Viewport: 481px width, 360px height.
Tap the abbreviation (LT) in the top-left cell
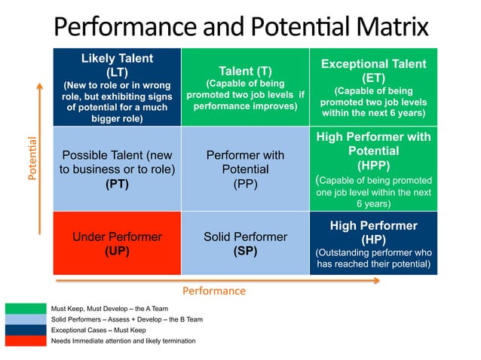click(x=117, y=72)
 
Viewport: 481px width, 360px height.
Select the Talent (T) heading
click(x=245, y=71)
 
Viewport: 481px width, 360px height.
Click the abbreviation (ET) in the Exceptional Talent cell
click(x=374, y=77)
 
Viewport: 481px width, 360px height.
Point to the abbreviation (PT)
click(x=117, y=183)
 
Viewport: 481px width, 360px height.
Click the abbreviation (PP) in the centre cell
click(x=245, y=183)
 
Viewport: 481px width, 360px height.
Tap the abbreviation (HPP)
click(x=374, y=165)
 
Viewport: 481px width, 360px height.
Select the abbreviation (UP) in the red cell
click(x=117, y=251)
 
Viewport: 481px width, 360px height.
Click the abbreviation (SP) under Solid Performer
click(x=245, y=251)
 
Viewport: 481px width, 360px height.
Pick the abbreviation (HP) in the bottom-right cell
click(x=374, y=239)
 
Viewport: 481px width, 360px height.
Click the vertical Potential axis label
click(x=32, y=157)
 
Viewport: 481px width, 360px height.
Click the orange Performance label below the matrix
click(x=214, y=290)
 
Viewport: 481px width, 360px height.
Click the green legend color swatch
click(x=25, y=309)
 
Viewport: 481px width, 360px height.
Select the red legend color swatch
click(x=25, y=340)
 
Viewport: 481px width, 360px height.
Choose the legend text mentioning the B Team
click(x=126, y=319)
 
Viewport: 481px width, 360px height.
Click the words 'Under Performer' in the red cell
click(x=117, y=236)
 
